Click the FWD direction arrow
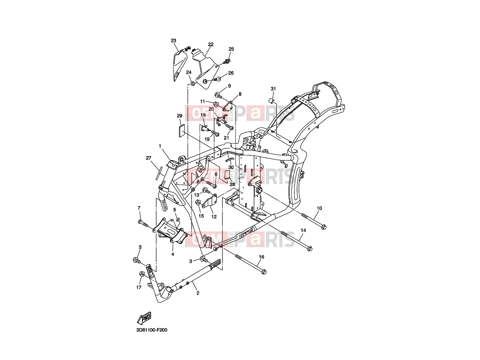pos(144,318)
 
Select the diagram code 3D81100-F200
pos(152,336)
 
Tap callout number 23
pos(174,41)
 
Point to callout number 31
pos(273,89)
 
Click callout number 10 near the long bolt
pos(319,208)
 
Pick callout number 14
pos(303,230)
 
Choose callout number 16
pos(261,257)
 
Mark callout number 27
pos(149,158)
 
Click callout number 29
pos(179,116)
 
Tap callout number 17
pos(139,287)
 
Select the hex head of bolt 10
pos(324,227)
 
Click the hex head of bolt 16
pos(264,272)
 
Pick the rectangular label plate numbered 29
pos(182,131)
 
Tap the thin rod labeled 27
pos(159,173)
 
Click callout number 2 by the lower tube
pos(198,293)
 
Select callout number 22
pos(211,45)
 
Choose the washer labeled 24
pos(193,84)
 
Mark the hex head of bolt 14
pos(310,249)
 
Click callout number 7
pos(139,208)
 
